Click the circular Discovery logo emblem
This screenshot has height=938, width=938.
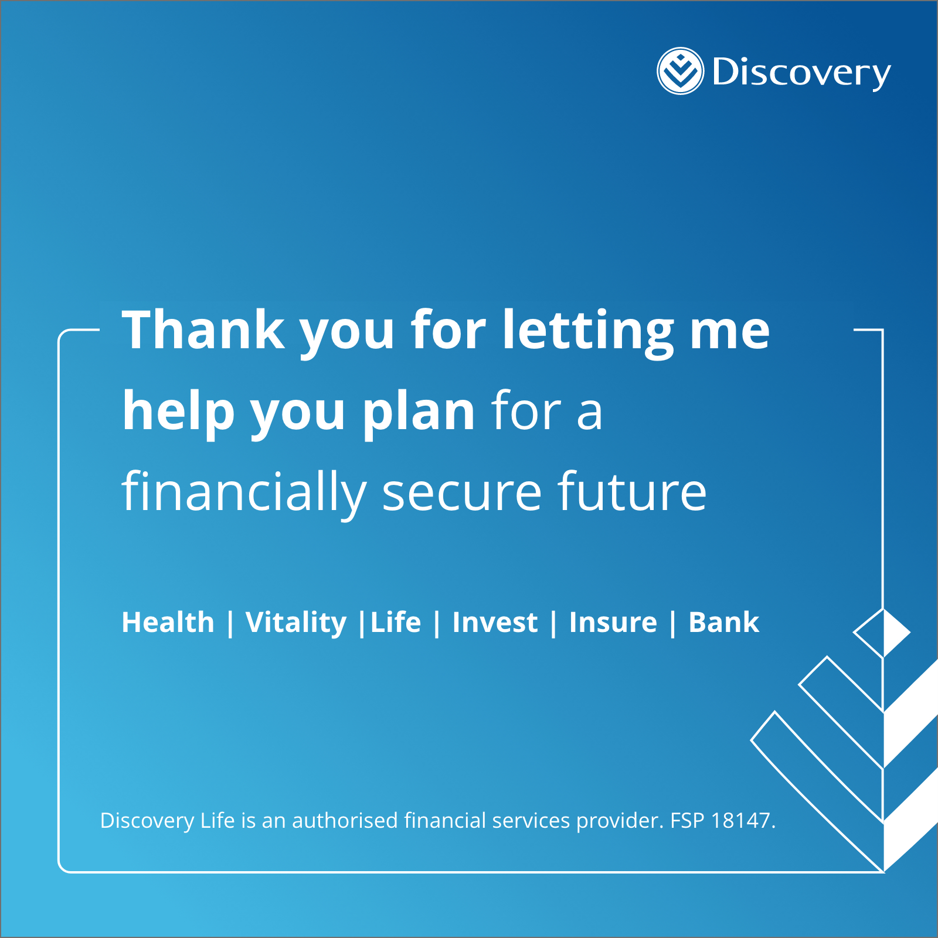(680, 71)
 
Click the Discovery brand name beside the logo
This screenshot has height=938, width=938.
(801, 73)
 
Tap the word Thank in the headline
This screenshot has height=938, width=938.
(203, 329)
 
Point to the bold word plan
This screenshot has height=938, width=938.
(419, 413)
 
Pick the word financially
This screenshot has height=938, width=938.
(244, 492)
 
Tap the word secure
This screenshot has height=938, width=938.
(462, 494)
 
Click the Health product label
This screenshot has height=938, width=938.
(168, 622)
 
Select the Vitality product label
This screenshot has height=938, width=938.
(296, 623)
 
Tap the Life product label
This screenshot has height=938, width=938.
(396, 622)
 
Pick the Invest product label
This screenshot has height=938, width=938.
(495, 622)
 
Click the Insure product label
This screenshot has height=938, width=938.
(613, 622)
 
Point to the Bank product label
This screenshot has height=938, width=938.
(724, 622)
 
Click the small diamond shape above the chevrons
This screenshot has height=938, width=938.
(882, 633)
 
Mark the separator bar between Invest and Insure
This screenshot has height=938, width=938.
(553, 623)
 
